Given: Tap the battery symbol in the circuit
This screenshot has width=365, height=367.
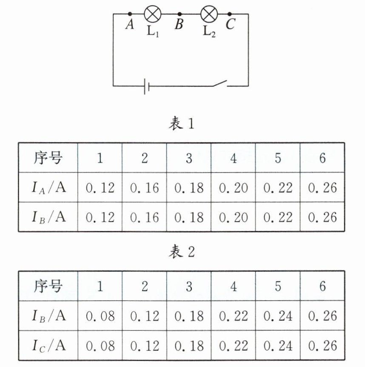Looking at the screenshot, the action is tap(146, 86).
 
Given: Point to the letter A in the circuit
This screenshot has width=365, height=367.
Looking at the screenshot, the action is tap(130, 25).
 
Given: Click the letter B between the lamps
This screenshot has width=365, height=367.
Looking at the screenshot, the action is tap(179, 25).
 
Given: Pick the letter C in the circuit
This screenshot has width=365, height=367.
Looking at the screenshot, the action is tap(230, 25).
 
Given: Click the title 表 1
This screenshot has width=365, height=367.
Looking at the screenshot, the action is tap(182, 124).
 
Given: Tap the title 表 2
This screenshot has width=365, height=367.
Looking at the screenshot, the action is tap(182, 252).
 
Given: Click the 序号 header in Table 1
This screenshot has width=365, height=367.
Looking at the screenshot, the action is tap(48, 158).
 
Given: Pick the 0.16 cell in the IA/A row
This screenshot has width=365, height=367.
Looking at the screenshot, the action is tap(145, 188).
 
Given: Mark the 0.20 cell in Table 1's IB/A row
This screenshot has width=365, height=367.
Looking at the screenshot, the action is tap(234, 217).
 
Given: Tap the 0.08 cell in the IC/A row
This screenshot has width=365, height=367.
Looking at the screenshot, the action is tap(100, 345).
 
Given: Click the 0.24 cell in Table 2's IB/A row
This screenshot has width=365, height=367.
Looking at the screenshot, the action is tap(278, 316).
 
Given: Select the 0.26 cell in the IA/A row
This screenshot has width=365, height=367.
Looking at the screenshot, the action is tap(322, 188).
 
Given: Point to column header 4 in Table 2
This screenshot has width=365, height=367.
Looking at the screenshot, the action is tap(234, 286).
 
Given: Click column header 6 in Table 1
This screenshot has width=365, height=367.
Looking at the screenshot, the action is tap(322, 158).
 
